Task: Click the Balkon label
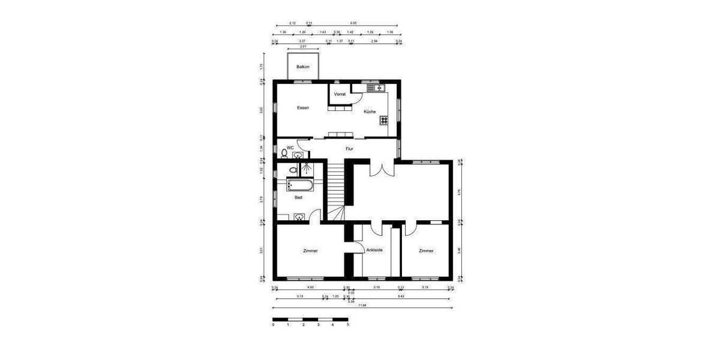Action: coord(303,67)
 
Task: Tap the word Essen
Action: coord(303,107)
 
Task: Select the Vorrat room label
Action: coord(340,94)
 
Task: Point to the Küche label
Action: coord(370,112)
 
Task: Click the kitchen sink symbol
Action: coord(376,88)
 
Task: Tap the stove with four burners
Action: coord(384,120)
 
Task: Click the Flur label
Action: coord(349,148)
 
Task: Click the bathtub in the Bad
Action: coord(299,184)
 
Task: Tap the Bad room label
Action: coord(298,197)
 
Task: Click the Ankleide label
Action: coord(374,250)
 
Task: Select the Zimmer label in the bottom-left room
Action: coord(311,251)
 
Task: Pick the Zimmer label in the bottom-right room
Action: coord(426,251)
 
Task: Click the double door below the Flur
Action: coord(376,167)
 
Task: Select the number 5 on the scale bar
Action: coord(347,325)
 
